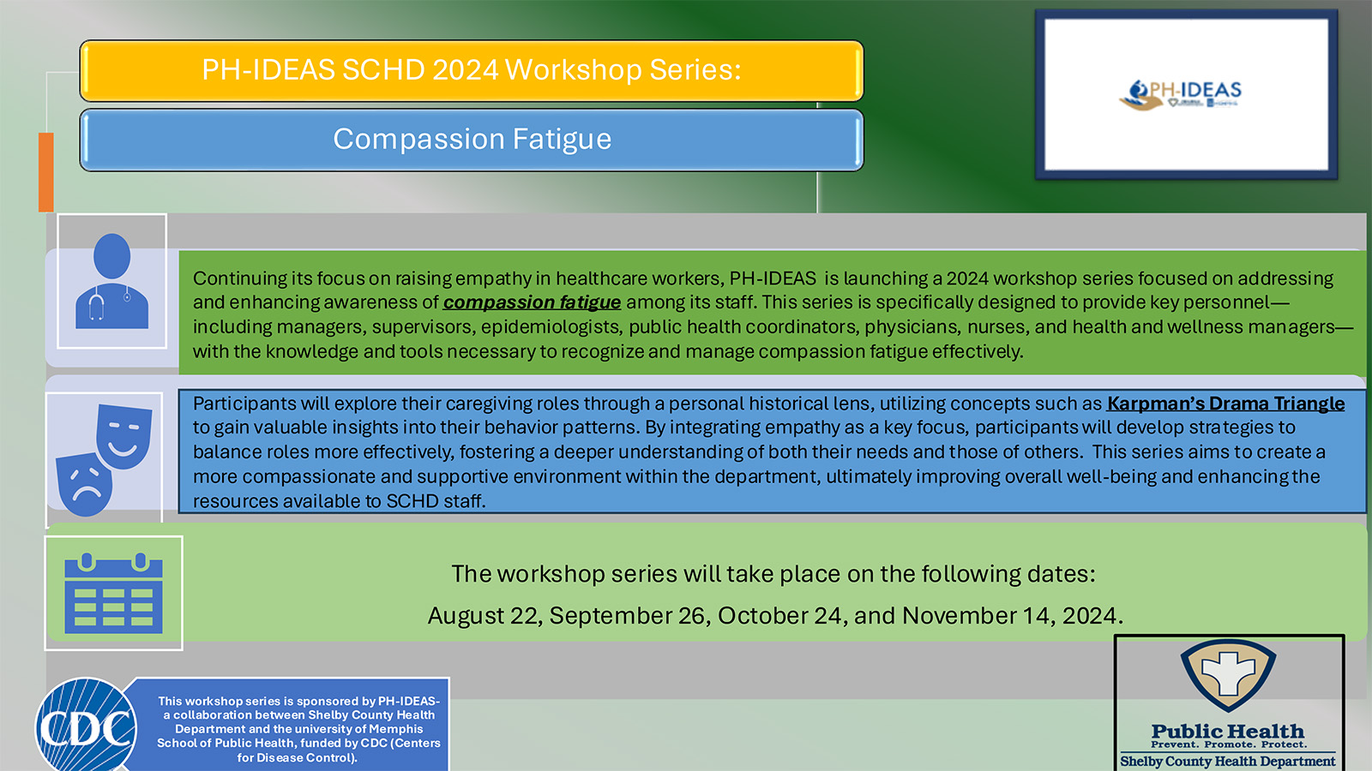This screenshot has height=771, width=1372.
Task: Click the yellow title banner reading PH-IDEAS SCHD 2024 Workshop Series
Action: pos(471,70)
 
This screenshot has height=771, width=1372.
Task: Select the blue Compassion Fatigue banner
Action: pos(471,140)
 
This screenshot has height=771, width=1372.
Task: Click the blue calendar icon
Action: pos(113,593)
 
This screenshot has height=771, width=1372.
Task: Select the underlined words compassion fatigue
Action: pos(532,302)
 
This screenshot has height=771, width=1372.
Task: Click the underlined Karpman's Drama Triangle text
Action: pos(1225,403)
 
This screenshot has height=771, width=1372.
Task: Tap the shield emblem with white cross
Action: pos(1228,674)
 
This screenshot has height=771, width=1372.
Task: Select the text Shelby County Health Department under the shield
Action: pos(1227,761)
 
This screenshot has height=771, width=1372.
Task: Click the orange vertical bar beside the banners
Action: pos(46,171)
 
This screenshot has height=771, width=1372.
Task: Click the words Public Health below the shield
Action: pos(1227,732)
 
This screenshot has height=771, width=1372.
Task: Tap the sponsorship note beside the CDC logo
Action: pos(298,729)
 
